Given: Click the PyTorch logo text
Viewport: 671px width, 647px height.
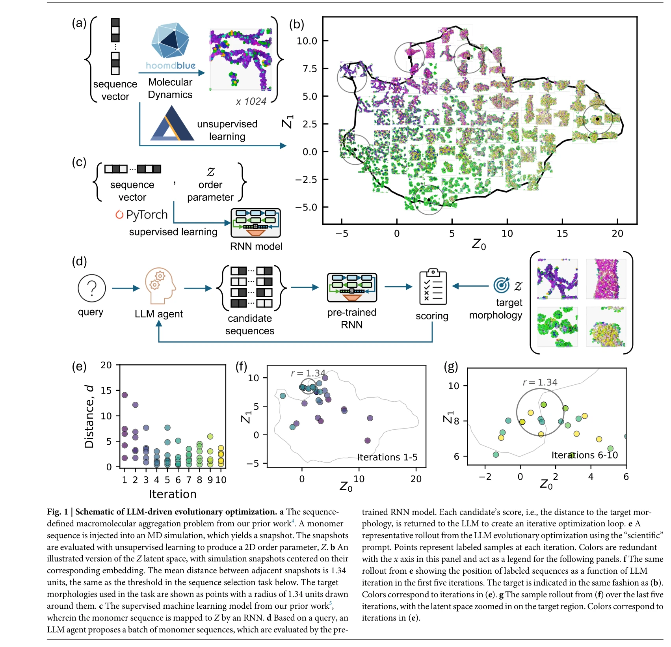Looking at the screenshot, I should (142, 215).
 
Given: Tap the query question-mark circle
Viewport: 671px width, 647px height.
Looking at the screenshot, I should (92, 288).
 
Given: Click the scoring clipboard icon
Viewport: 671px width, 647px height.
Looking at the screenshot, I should (433, 287).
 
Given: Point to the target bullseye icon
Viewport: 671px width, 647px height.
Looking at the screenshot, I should (502, 285).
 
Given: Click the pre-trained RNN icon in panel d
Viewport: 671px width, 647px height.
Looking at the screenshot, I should (352, 288).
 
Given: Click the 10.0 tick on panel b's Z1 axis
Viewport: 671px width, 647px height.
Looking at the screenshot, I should (307, 41).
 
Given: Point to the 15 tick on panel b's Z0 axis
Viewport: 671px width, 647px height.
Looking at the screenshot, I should (562, 233).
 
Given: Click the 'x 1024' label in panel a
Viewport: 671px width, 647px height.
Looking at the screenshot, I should (251, 102).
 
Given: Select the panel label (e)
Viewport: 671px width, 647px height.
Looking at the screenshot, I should (79, 367).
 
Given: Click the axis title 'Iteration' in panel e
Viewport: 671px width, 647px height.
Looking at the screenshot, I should (173, 494).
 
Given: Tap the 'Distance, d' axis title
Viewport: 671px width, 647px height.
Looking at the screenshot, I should (89, 416).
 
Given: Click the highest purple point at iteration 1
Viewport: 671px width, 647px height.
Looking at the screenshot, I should (125, 395).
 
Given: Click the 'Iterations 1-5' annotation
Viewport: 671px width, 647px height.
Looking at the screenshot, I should (387, 457).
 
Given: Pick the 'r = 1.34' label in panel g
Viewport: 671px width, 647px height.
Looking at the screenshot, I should (540, 382).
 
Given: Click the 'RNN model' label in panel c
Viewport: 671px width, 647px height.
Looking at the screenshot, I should (256, 246).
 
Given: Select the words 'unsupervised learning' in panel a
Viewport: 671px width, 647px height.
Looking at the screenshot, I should (227, 130).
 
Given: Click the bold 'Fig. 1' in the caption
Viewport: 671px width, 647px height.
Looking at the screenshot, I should (58, 512).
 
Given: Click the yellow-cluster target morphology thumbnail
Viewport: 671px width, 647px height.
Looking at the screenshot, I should (606, 327).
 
